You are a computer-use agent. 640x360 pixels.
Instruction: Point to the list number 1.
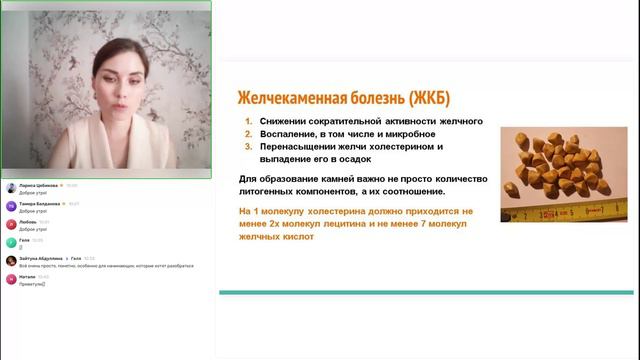248,121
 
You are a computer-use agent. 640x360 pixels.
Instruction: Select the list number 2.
248,134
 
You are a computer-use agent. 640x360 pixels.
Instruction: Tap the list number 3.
248,146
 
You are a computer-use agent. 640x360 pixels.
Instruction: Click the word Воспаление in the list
290,134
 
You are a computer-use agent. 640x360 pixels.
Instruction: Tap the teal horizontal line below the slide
424,292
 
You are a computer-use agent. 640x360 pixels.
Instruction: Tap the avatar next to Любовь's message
11,224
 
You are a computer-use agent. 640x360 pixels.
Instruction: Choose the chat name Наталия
28,276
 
